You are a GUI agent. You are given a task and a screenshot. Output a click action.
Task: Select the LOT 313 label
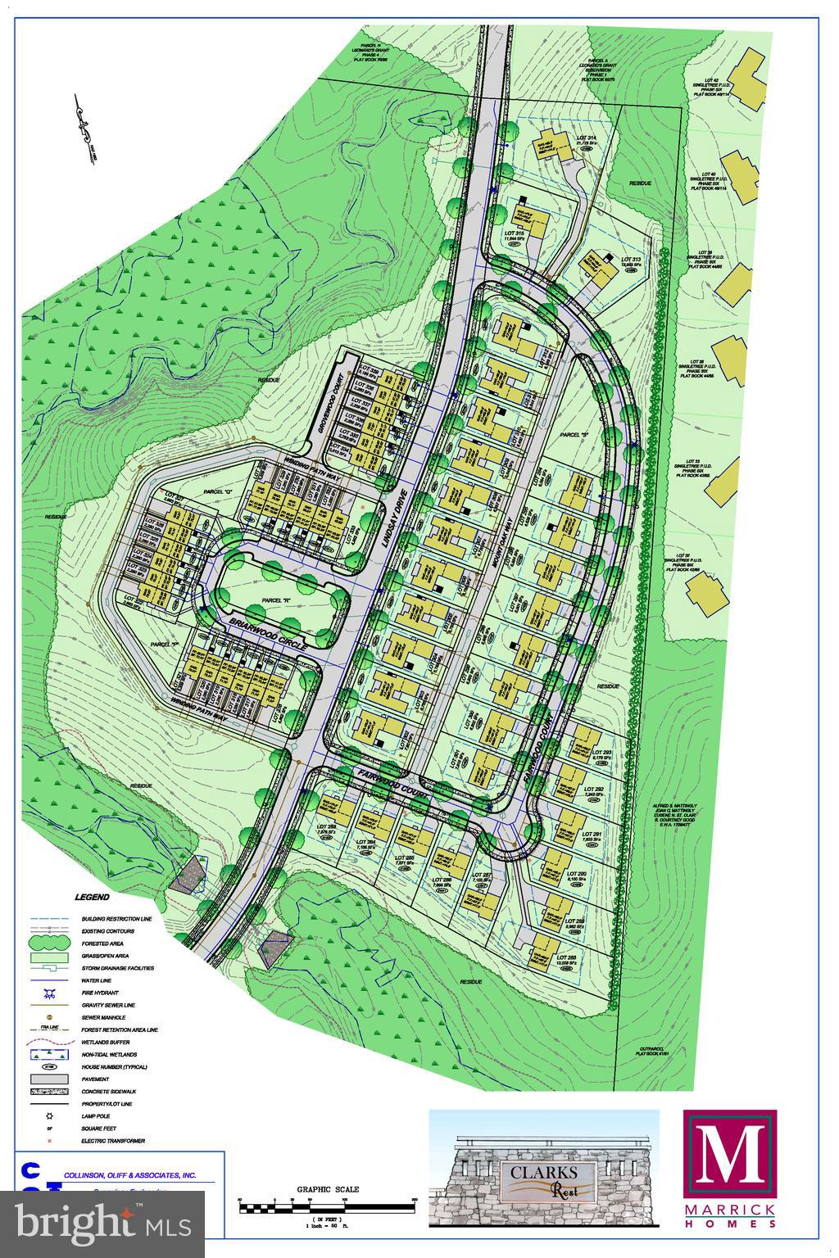tap(631, 260)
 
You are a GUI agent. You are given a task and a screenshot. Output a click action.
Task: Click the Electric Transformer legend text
tap(113, 1141)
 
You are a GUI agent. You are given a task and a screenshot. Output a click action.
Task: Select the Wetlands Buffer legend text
tap(109, 1042)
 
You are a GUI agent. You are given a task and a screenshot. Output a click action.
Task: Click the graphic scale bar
tap(327, 1204)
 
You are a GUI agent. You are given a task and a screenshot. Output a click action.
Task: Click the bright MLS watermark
tap(102, 1224)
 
